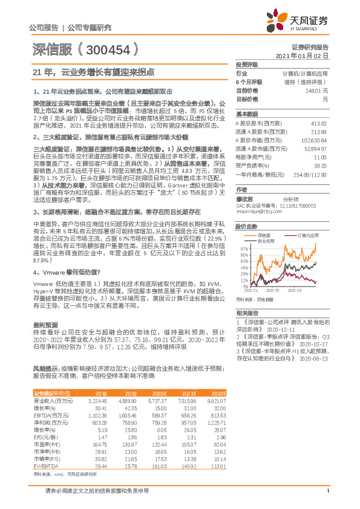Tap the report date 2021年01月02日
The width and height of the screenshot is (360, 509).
tap(301, 55)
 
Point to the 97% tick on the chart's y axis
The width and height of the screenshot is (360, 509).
tap(240, 248)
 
